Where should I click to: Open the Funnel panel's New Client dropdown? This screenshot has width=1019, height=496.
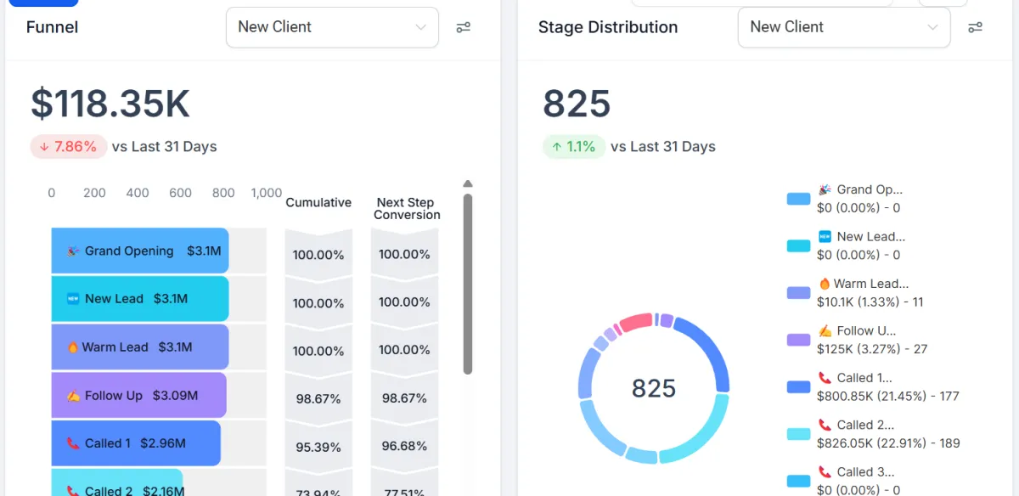click(x=332, y=27)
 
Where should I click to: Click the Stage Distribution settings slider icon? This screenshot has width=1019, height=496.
click(x=975, y=27)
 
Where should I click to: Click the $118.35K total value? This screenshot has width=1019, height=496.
click(x=110, y=104)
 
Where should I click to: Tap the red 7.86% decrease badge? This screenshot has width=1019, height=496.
click(x=69, y=146)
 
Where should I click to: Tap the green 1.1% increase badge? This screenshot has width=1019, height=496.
click(x=574, y=146)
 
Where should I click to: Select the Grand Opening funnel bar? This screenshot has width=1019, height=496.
click(x=140, y=251)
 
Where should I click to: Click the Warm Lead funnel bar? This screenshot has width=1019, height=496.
click(x=140, y=347)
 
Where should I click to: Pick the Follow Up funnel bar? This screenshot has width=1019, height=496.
click(x=138, y=395)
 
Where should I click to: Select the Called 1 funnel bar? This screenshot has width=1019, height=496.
click(x=136, y=442)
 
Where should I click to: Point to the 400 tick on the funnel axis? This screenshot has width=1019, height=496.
click(x=138, y=193)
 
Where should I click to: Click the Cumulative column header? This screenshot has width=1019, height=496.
click(x=318, y=202)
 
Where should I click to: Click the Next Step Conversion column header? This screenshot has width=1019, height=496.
click(x=406, y=208)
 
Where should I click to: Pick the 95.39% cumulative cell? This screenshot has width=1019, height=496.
click(x=318, y=447)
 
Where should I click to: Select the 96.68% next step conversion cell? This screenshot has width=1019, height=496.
click(x=404, y=445)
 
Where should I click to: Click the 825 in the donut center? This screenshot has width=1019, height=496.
click(x=654, y=388)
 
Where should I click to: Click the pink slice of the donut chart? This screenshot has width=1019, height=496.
click(x=635, y=322)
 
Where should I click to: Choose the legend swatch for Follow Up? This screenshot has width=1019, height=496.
click(x=798, y=340)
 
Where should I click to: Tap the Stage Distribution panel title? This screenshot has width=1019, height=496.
click(x=608, y=27)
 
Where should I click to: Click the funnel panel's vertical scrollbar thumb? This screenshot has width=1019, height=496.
click(x=467, y=285)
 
